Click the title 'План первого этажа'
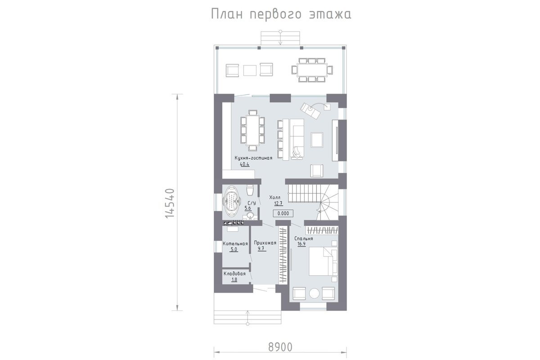tap(281, 14)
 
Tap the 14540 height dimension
tap(170, 203)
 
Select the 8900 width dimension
tap(280, 347)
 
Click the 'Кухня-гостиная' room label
tap(254, 158)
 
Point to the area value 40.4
tap(244, 164)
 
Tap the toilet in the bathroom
tap(250, 190)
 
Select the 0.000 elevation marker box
tap(283, 213)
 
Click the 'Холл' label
tap(275, 198)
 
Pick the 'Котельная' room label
tap(235, 243)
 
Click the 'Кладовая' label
tap(234, 274)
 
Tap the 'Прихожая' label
tap(265, 243)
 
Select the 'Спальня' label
tap(303, 238)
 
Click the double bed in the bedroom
tap(323, 261)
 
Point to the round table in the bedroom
tap(315, 293)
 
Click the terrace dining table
tap(312, 70)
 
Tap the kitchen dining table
tap(252, 130)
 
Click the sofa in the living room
tap(297, 139)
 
